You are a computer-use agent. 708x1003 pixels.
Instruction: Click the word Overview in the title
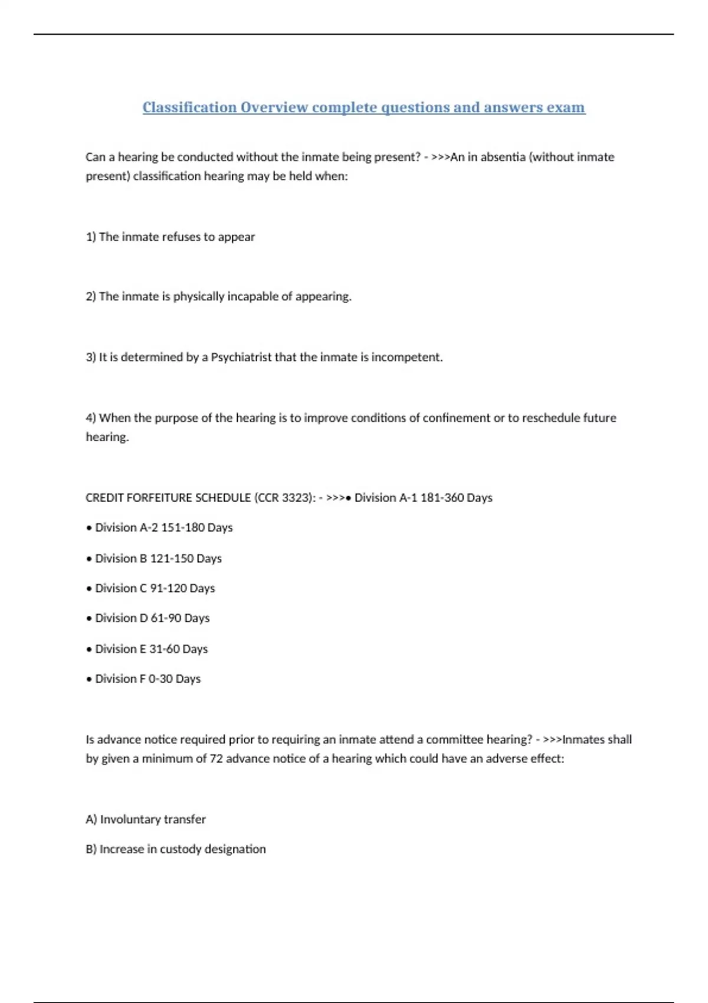[274, 107]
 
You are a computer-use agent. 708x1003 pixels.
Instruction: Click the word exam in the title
[566, 107]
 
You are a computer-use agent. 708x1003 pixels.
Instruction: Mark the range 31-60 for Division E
[164, 649]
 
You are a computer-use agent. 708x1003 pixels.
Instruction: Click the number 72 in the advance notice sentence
[216, 758]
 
